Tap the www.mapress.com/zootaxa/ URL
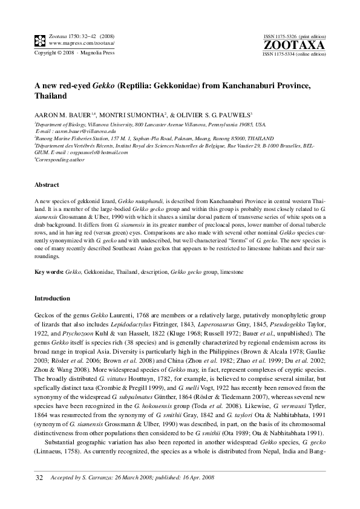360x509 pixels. point(81,44)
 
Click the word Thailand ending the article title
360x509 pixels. point(51,96)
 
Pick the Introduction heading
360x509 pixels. point(52,298)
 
